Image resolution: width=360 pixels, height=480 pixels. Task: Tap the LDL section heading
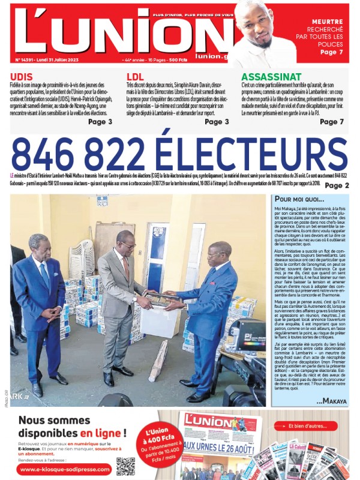135,77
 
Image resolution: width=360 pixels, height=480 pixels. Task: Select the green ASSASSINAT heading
271,77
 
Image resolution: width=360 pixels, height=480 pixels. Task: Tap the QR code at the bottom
126,465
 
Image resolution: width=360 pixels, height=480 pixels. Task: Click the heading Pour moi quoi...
298,199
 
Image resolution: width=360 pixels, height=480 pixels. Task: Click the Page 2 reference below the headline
337,185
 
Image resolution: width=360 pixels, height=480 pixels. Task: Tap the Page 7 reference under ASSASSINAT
332,122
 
